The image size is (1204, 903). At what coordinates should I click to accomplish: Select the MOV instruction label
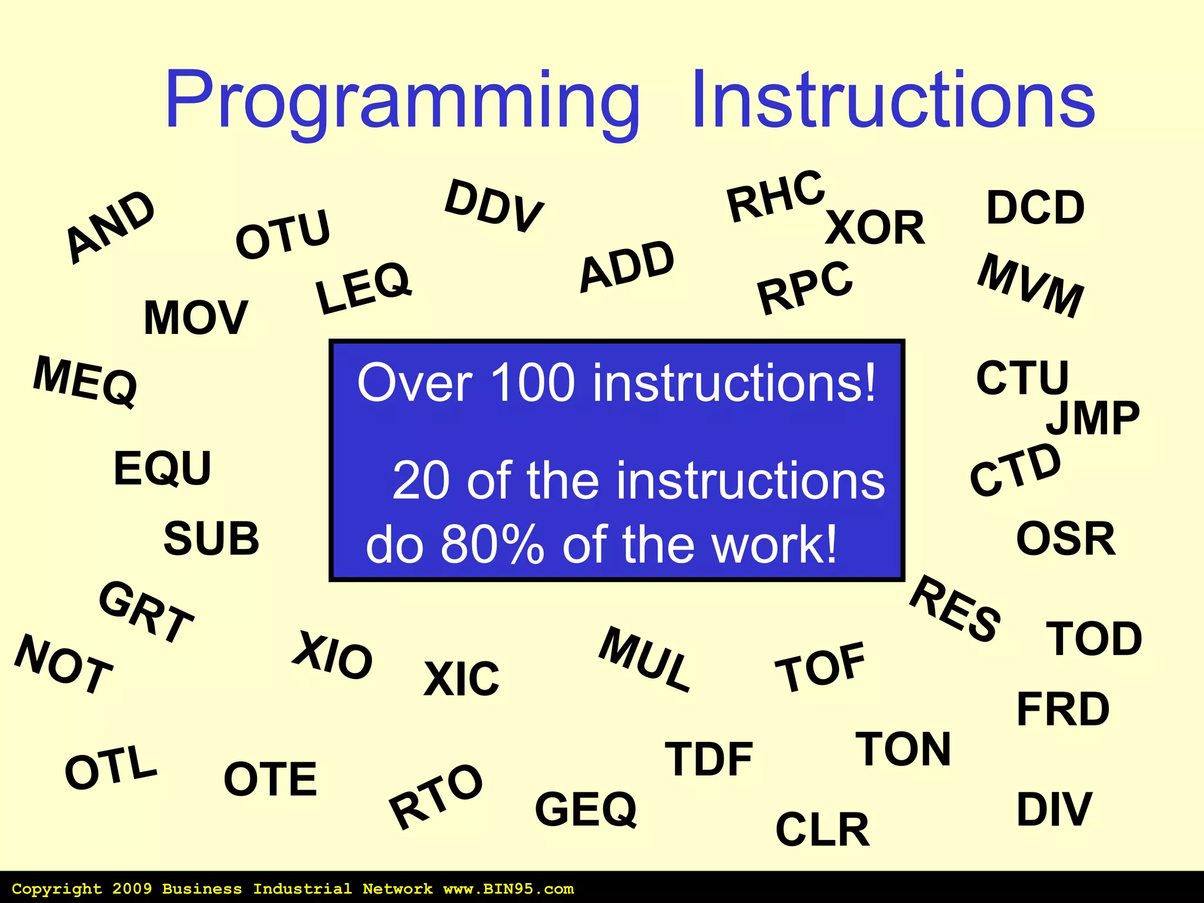pyautogui.click(x=196, y=317)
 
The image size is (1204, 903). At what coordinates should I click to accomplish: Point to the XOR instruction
pyautogui.click(x=875, y=228)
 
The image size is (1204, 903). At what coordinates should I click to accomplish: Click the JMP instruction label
pyautogui.click(x=1092, y=418)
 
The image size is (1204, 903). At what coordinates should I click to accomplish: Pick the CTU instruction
pyautogui.click(x=1022, y=377)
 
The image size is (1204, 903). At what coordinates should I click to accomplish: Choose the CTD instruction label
pyautogui.click(x=1015, y=469)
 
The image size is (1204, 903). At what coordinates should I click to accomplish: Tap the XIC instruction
pyautogui.click(x=461, y=679)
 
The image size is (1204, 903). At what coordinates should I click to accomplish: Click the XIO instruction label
pyautogui.click(x=333, y=655)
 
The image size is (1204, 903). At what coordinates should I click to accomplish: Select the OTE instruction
pyautogui.click(x=270, y=779)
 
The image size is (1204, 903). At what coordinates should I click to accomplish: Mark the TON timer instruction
pyautogui.click(x=903, y=749)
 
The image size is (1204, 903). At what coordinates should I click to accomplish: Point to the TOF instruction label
pyautogui.click(x=821, y=667)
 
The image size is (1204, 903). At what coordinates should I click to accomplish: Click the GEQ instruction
pyautogui.click(x=586, y=809)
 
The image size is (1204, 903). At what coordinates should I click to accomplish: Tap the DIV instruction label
pyautogui.click(x=1054, y=810)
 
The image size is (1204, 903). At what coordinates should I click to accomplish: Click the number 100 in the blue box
pyautogui.click(x=532, y=383)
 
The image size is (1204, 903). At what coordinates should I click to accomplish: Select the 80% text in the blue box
pyautogui.click(x=492, y=544)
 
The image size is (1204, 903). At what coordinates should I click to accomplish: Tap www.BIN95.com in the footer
pyautogui.click(x=509, y=889)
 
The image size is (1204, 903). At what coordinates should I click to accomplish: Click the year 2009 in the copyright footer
pyautogui.click(x=132, y=889)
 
